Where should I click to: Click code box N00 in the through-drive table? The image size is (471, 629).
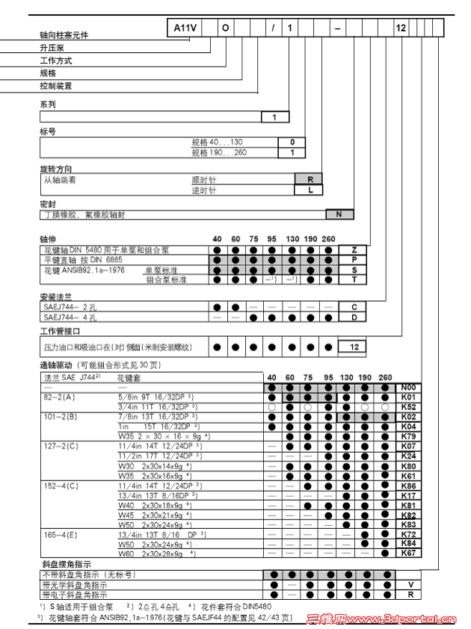[x=408, y=388]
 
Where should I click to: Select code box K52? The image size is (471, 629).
[x=408, y=407]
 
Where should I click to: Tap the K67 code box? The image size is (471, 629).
[x=408, y=553]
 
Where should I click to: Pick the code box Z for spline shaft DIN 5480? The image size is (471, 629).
[x=354, y=250]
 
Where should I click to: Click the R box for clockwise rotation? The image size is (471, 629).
[x=310, y=179]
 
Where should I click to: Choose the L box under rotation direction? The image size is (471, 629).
[x=310, y=190]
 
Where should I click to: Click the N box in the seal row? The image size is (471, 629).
[x=339, y=214]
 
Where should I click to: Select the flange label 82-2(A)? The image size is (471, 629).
[x=60, y=397]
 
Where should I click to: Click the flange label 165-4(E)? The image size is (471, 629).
[x=61, y=534]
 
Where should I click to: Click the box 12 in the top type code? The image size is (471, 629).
[x=401, y=27]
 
